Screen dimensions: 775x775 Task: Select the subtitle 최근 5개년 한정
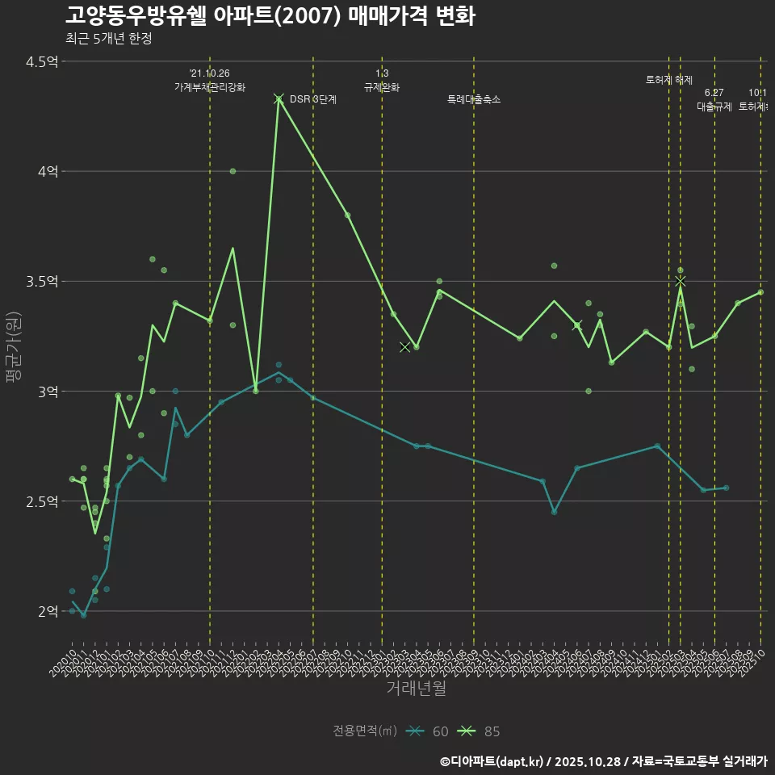(108, 38)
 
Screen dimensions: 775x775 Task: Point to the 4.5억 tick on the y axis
(42, 61)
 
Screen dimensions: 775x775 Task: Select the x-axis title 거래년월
(416, 688)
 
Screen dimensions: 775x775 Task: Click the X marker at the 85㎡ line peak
(279, 98)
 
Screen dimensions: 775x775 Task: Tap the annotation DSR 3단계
(312, 99)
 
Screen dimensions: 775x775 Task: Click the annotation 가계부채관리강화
(210, 87)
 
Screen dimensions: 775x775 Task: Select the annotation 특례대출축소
(474, 99)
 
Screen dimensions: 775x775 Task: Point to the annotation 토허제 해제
(669, 80)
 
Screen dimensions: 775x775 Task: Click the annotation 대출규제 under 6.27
(714, 107)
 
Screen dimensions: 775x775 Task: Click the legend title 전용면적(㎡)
(365, 731)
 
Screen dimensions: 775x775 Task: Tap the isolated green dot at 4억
(232, 171)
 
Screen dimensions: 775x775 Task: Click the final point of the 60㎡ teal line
(726, 488)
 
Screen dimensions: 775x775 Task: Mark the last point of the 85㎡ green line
(760, 292)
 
